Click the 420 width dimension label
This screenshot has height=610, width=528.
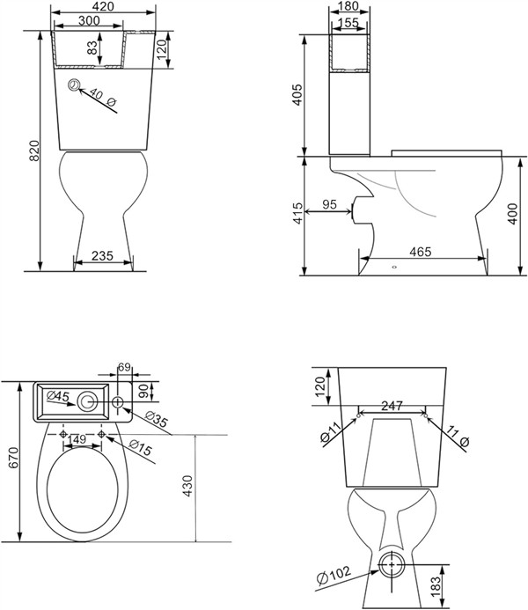tap(104, 6)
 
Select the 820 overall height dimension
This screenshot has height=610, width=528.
tap(34, 151)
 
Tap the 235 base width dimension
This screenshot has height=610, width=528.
tap(102, 255)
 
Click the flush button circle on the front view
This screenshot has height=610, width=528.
tap(74, 85)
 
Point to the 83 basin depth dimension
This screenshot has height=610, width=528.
tap(92, 48)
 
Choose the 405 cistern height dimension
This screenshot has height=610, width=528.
tap(297, 94)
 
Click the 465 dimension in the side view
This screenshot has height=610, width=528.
tap(421, 252)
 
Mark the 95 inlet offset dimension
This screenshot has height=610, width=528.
tap(329, 204)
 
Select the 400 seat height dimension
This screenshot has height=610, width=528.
tap(513, 214)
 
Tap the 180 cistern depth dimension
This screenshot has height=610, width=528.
tap(348, 6)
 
